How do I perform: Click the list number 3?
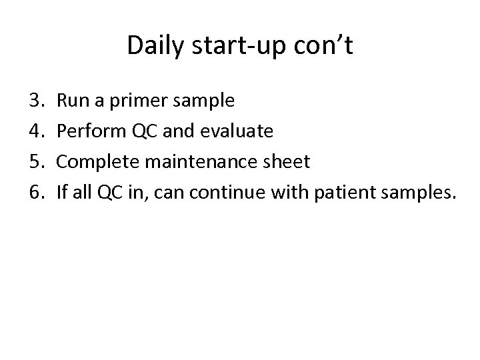click(x=35, y=101)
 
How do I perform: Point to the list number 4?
click(x=35, y=131)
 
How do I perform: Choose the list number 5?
click(x=35, y=162)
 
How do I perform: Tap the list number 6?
click(x=35, y=193)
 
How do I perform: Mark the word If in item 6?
click(x=62, y=193)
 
